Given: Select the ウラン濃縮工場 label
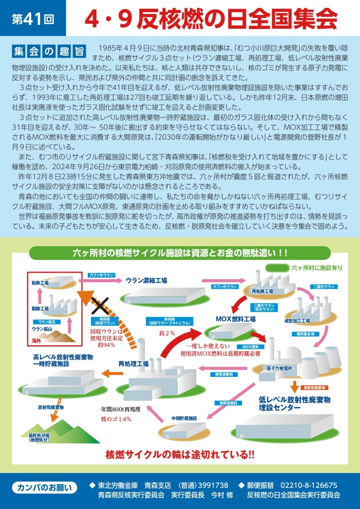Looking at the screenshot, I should (146, 280).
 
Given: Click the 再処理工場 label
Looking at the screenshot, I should (133, 364).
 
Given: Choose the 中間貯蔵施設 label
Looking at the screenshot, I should (184, 418).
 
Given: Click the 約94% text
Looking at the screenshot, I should (106, 345).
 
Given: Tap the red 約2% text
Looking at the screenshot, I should (167, 333).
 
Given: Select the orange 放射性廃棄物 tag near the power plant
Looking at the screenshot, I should (314, 388).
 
